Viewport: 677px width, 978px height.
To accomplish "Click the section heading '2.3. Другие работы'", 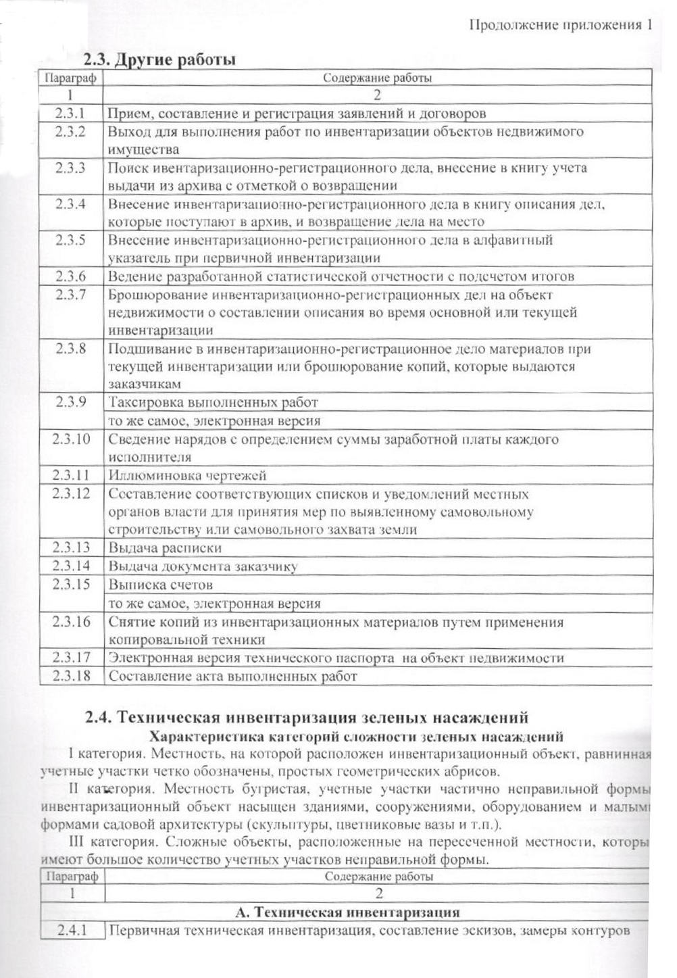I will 159,60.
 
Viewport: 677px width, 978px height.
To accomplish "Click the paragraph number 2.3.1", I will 71,113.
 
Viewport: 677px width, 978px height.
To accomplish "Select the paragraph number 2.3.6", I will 71,276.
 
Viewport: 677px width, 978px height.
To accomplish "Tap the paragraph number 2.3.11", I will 71,475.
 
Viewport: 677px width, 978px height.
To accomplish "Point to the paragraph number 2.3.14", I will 71,566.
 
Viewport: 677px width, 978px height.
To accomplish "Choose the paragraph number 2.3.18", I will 71,675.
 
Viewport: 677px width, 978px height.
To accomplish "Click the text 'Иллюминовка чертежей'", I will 187,476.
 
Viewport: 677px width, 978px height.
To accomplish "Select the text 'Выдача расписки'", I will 165,547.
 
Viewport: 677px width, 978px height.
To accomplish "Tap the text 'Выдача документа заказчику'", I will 203,566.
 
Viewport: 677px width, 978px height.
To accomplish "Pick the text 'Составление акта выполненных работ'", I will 232,676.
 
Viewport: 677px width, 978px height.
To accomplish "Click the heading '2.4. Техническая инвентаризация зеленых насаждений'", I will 307,717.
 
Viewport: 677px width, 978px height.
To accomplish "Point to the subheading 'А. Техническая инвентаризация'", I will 348,912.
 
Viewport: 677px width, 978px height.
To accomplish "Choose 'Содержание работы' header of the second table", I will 378,877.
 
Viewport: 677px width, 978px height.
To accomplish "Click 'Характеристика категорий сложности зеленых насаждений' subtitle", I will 357,736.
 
